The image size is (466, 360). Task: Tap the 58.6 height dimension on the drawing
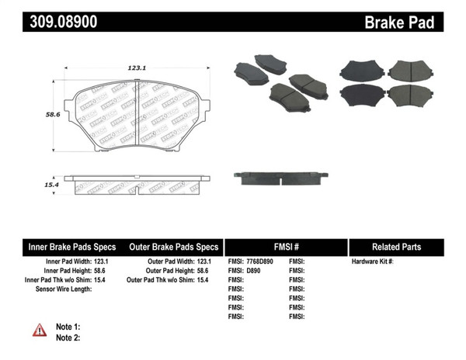coord(53,113)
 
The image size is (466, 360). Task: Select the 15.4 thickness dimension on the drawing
coord(53,184)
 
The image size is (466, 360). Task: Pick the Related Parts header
coord(396,247)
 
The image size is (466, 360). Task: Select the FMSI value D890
coord(254,271)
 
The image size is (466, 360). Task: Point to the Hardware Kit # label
coord(373,261)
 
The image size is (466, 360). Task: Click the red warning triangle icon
coord(40,331)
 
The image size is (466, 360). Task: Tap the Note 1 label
coord(68,327)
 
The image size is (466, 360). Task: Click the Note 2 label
coord(68,337)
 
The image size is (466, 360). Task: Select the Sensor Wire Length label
coord(64,289)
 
